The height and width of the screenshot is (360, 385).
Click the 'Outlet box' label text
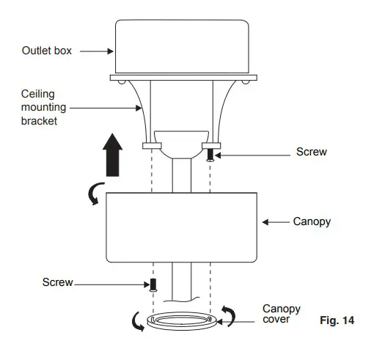47,51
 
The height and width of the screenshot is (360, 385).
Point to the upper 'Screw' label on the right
312,152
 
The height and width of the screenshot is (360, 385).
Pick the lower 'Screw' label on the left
58,282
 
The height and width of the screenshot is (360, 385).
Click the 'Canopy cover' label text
282,315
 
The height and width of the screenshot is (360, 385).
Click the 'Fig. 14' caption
337,321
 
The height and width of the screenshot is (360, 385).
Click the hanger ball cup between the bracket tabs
182,144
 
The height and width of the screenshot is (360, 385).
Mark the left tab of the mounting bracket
153,146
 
